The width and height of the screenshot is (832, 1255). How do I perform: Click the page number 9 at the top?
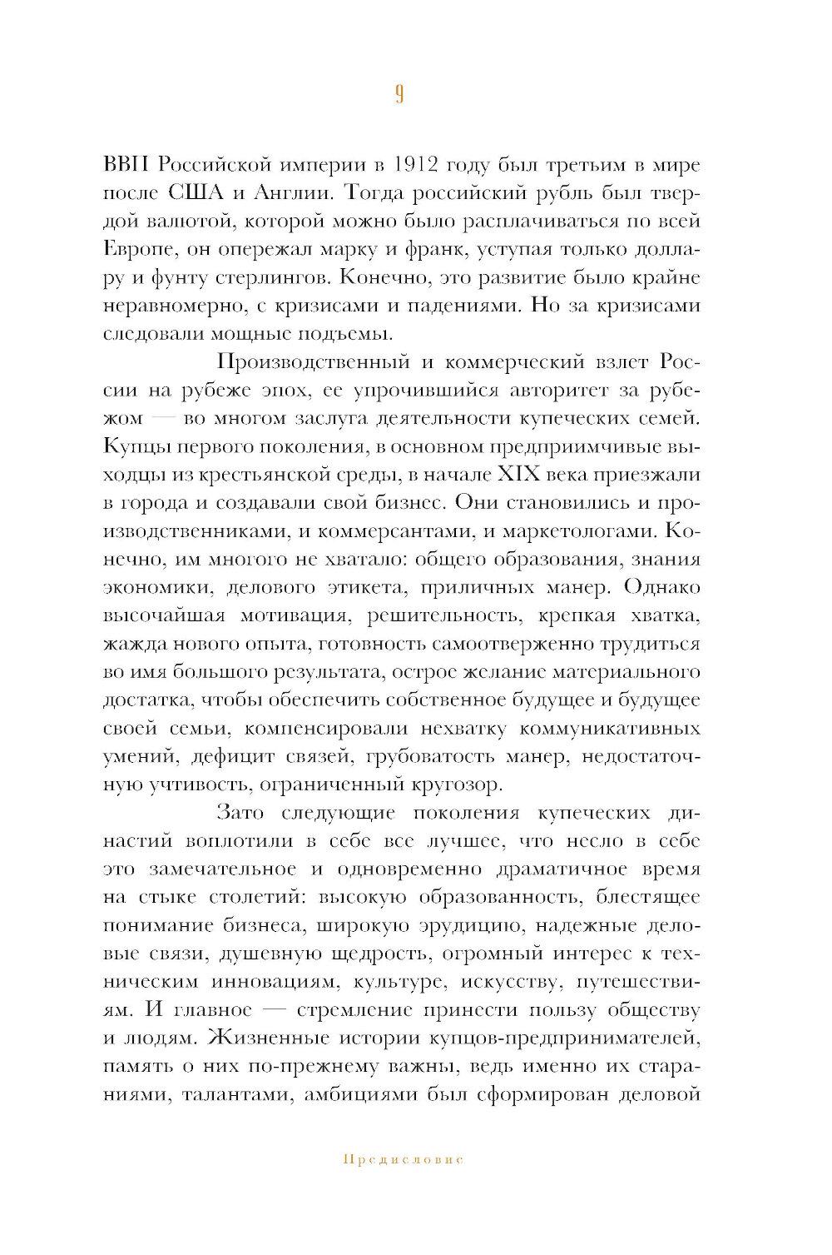[399, 94]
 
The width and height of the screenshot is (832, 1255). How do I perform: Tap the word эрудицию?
[492, 926]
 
